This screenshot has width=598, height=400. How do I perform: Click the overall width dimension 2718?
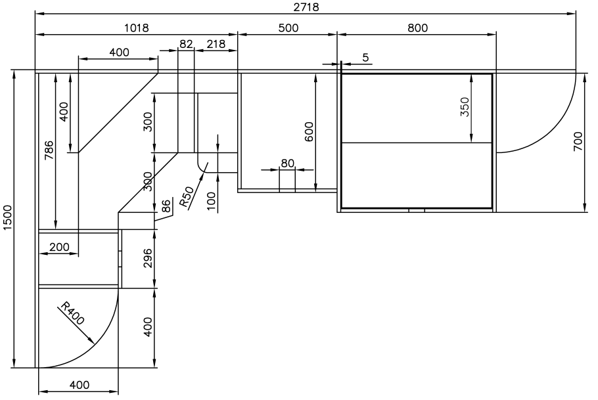[306, 7]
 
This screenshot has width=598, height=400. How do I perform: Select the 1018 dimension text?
[137, 28]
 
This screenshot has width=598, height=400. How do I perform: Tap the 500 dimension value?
[288, 28]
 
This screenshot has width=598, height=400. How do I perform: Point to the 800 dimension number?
[417, 28]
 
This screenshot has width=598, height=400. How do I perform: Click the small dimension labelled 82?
[186, 44]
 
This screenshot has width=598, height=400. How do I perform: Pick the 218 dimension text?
[216, 44]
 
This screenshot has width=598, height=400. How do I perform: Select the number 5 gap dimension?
[366, 58]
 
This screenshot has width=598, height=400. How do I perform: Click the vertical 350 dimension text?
[465, 107]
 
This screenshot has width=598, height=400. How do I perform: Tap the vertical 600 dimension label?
[309, 131]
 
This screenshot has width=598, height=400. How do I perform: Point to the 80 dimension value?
[288, 163]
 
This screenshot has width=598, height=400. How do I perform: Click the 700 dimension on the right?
[578, 141]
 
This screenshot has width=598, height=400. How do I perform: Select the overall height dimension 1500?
[9, 217]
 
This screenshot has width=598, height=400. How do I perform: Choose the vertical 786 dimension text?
[49, 150]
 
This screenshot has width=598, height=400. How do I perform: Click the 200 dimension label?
[60, 247]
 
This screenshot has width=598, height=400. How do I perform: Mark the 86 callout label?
[166, 206]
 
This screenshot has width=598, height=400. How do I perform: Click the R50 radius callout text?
[187, 197]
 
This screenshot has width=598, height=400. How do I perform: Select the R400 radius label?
[73, 313]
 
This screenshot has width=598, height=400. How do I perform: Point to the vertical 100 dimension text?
[211, 202]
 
